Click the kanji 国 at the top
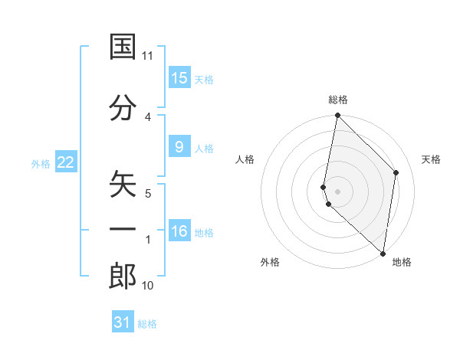(123, 47)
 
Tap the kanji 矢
(123, 185)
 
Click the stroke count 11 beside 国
(148, 56)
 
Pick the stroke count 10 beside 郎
(148, 286)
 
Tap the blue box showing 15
(179, 78)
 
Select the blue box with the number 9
(179, 147)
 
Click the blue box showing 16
(179, 231)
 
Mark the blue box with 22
(66, 162)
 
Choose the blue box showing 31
(123, 322)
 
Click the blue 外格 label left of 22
(41, 163)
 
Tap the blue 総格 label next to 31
(147, 324)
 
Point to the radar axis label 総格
(338, 100)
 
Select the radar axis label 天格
(432, 159)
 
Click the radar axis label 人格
(245, 159)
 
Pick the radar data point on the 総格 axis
(337, 116)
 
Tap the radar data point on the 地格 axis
(383, 254)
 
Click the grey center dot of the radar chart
(337, 191)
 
